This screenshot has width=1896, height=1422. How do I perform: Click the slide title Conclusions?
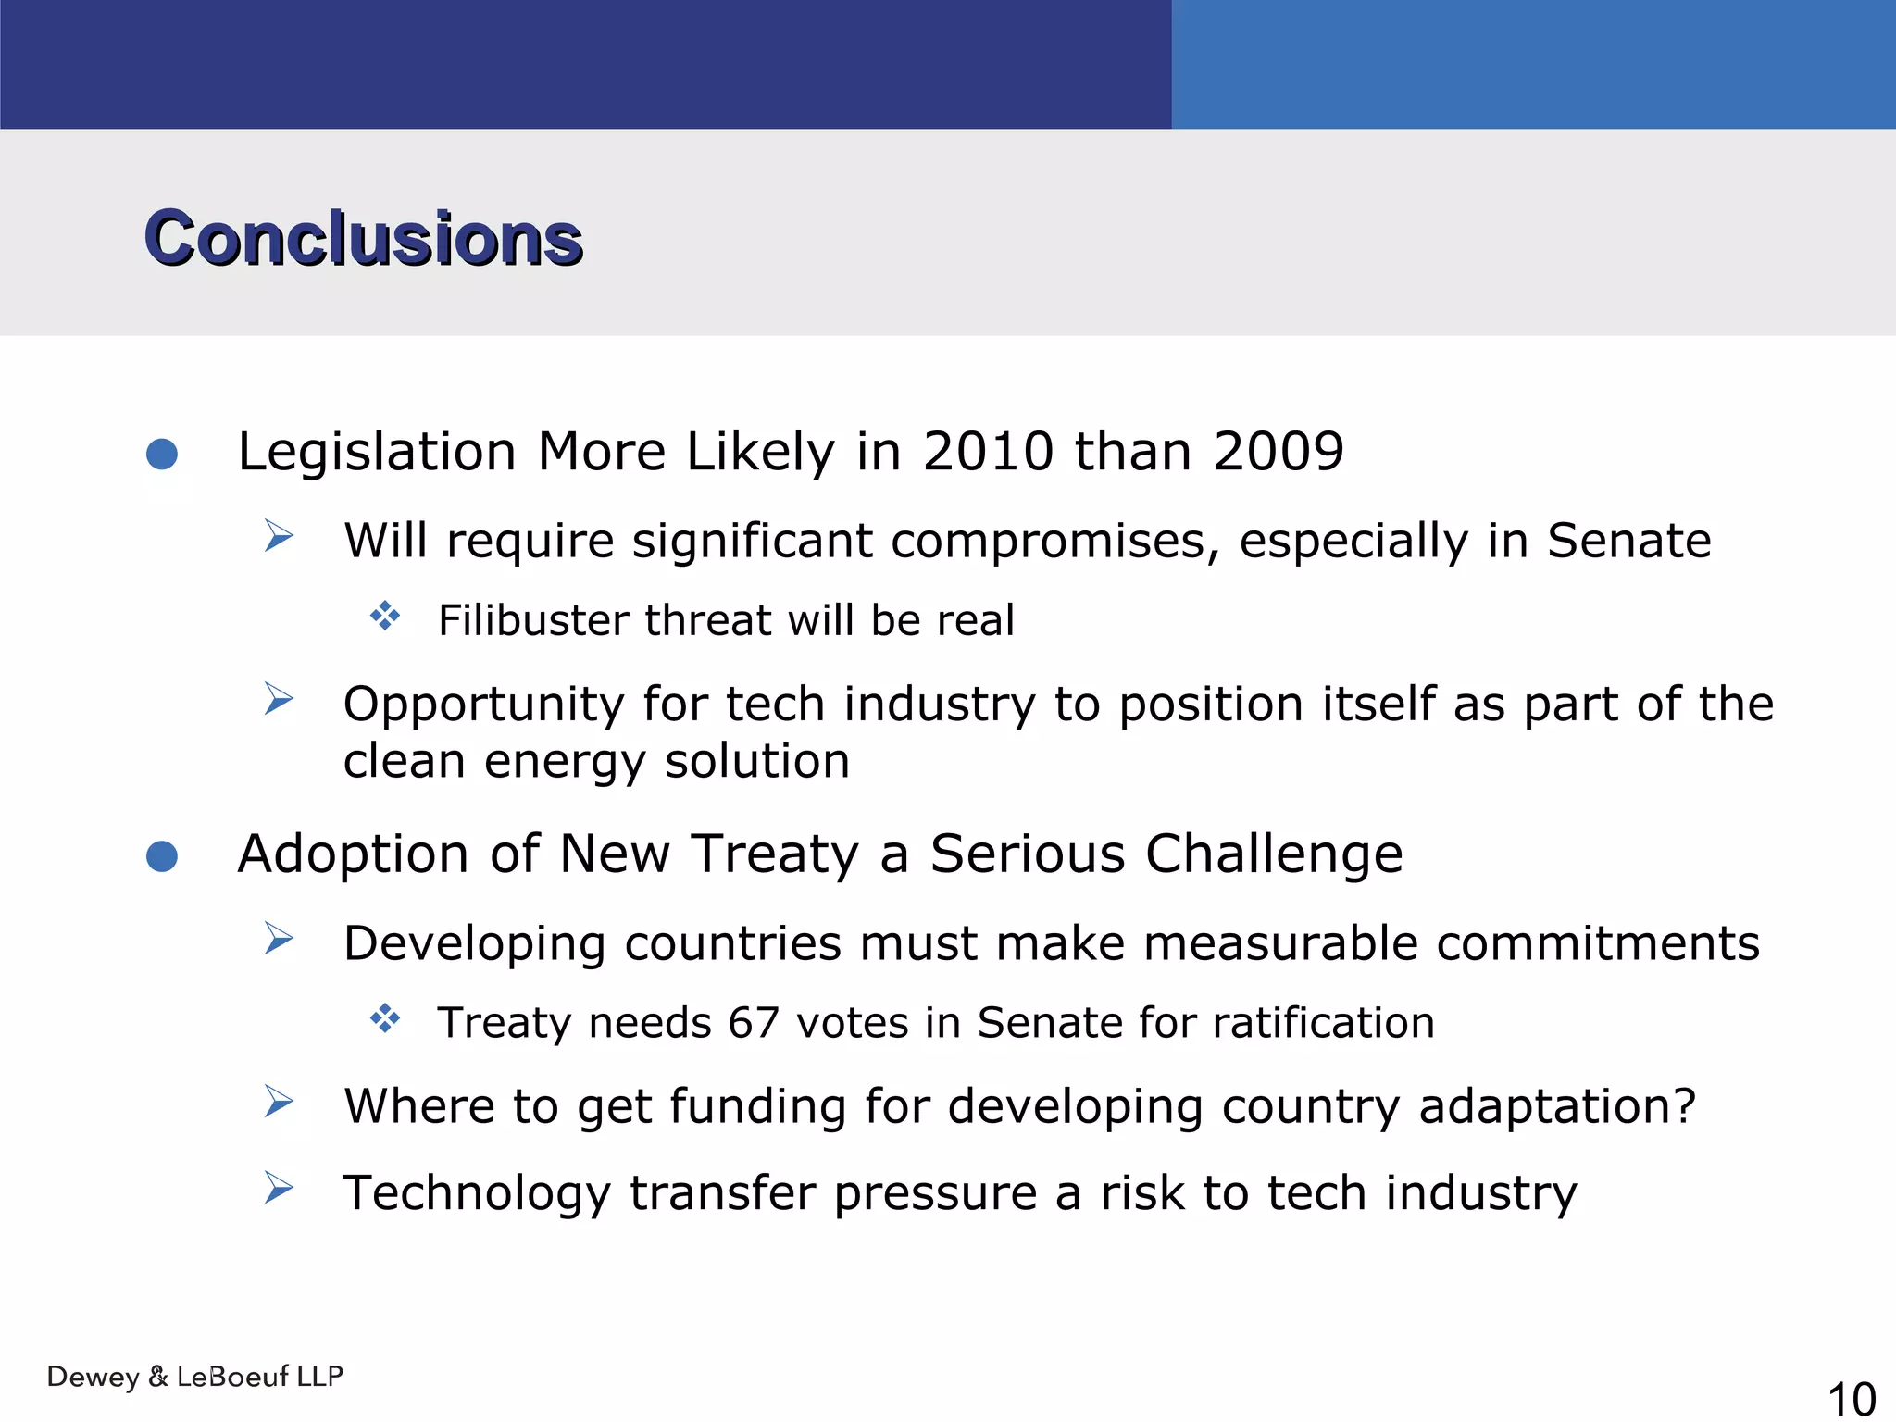pos(363,238)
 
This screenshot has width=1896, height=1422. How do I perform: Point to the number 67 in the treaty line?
pos(753,1023)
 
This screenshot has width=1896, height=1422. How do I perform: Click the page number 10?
pos(1851,1399)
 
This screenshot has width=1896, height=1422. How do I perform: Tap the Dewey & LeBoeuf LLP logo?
pos(195,1377)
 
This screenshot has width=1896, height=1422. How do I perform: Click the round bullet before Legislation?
pos(162,454)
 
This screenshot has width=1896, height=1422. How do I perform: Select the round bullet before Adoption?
pos(162,856)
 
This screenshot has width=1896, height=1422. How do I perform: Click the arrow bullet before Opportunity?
pos(278,699)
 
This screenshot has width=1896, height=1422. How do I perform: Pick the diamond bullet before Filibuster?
pos(385,617)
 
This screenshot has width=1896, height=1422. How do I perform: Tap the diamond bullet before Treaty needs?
pos(385,1019)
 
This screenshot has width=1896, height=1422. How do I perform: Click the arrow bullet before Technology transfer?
pos(278,1188)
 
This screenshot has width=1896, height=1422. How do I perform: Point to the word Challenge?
pos(1274,854)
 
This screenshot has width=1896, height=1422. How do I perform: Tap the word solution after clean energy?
pos(756,761)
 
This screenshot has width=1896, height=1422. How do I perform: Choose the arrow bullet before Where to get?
pos(278,1102)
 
